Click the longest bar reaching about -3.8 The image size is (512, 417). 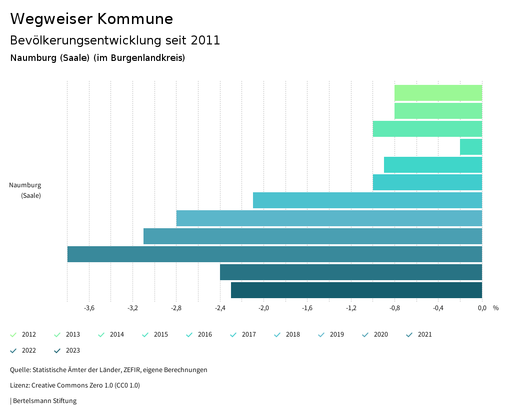coord(274,254)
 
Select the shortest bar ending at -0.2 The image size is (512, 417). coord(471,147)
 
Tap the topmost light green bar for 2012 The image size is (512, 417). coord(438,93)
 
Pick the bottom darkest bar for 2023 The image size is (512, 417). coord(356,290)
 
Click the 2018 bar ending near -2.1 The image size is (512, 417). coord(367,200)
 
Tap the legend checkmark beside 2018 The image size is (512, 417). coord(277,335)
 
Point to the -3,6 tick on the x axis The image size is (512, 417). coord(89,308)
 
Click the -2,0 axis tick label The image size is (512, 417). coord(263,308)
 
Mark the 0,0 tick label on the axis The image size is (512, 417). coord(482,308)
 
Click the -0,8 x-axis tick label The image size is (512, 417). coord(394,308)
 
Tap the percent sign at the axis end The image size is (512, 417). coord(495,308)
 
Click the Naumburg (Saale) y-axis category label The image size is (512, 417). coord(25,190)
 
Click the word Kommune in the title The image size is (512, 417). coord(135,19)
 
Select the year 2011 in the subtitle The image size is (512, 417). coord(205,40)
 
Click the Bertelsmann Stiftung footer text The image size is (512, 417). coord(44,401)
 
